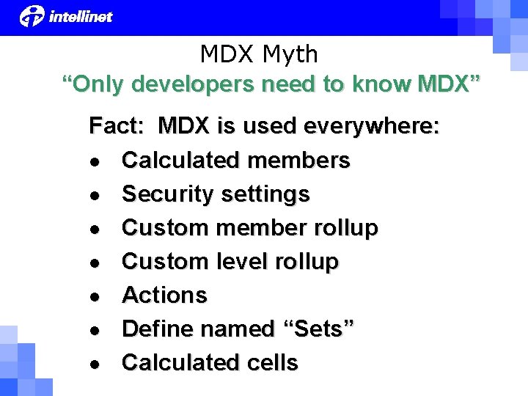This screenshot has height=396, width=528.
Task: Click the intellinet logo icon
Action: click(32, 15)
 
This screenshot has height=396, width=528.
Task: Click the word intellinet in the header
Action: click(81, 16)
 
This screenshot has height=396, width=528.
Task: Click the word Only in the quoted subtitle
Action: click(98, 84)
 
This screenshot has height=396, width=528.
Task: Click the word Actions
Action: click(164, 296)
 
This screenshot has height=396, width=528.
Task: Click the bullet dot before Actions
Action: click(96, 296)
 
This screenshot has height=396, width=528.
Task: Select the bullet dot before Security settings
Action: click(96, 195)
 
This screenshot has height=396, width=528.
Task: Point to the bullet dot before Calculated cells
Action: click(96, 364)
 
